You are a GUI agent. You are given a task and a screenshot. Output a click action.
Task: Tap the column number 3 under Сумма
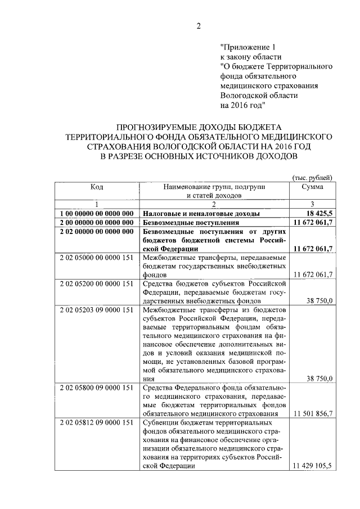[x=312, y=204]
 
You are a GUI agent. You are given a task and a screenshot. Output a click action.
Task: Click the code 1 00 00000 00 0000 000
[x=97, y=214]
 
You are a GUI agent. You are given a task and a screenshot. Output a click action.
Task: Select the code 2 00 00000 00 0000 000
[x=97, y=223]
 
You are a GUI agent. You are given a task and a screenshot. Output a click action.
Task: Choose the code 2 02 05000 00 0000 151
[x=97, y=257]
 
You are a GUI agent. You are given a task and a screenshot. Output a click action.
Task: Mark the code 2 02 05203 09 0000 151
[x=97, y=309]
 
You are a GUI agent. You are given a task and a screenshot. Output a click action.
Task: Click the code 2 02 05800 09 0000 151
[x=97, y=388]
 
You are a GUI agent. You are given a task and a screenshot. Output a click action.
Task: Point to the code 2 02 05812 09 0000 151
[x=97, y=422]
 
